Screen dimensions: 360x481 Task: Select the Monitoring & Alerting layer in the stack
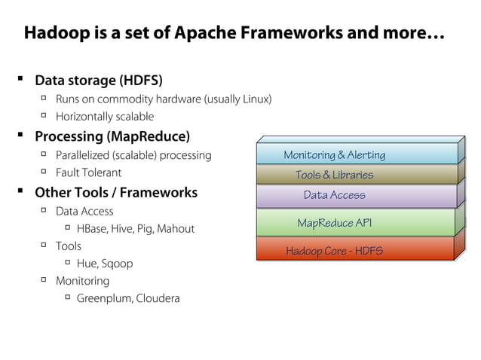334,155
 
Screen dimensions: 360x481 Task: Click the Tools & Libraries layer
334,175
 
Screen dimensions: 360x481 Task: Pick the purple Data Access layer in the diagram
334,195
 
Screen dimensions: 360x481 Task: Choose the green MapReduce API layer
334,223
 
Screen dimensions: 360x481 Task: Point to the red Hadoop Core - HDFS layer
334,250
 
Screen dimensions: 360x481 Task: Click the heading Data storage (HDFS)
99,81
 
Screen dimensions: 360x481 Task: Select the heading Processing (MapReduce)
112,136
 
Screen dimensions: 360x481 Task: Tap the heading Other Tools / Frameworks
116,192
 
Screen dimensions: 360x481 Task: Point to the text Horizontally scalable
105,117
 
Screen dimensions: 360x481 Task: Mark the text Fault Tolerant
88,172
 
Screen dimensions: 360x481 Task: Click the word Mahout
176,228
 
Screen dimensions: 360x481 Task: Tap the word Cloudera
158,298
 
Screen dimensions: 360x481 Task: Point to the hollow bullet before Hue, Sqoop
67,262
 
